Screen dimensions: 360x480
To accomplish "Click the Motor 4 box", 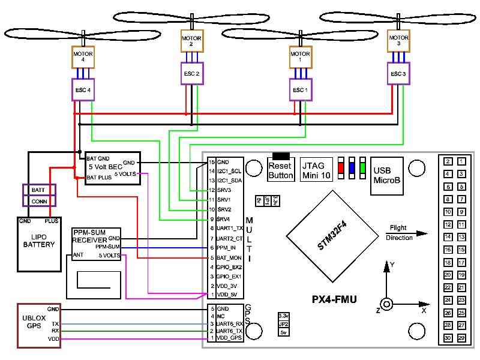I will [83, 57].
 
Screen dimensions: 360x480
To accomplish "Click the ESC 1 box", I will [300, 90].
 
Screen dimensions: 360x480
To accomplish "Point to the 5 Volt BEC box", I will [112, 168].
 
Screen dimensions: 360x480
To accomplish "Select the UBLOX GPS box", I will [33, 326].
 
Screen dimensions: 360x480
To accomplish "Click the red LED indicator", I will [341, 167].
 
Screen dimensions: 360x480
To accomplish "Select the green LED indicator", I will [363, 167].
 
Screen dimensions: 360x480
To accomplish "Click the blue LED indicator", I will [352, 167].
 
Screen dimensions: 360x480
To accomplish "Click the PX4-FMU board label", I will [335, 299].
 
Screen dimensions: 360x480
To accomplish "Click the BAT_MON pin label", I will [229, 257].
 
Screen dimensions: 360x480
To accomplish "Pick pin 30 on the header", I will [448, 338].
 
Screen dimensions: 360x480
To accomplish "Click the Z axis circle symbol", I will [386, 304].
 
